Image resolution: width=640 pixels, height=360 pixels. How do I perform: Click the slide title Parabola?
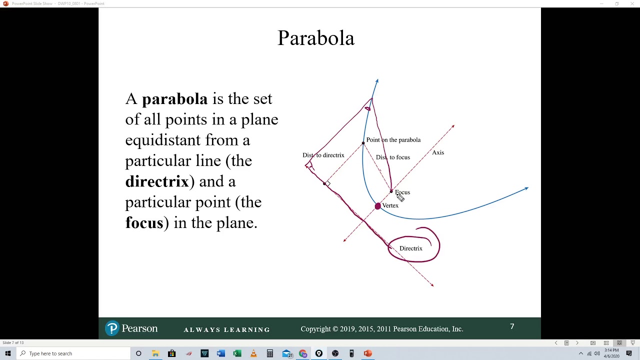pos(316,38)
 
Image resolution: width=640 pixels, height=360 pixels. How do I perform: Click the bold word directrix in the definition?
pos(156,181)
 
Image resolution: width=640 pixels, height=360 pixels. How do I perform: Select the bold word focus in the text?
pos(144,222)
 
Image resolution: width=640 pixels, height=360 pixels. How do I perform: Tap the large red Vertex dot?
pos(377,206)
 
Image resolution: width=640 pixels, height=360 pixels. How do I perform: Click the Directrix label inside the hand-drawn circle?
pos(410,248)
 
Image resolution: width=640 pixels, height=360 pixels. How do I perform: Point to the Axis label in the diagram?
pos(438,152)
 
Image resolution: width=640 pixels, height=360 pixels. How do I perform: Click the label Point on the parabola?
pos(393,140)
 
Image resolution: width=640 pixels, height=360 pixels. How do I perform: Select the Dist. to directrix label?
pos(323,155)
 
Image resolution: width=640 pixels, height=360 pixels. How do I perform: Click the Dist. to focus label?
pos(393,157)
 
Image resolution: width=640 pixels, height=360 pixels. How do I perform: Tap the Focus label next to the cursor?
pos(403,192)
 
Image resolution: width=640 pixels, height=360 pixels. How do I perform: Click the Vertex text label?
pos(390,205)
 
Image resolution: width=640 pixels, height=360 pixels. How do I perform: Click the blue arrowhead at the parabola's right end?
pos(526,188)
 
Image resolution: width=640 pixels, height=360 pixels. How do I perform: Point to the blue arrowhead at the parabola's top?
pos(377,80)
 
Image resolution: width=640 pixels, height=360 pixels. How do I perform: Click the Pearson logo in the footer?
pos(131,328)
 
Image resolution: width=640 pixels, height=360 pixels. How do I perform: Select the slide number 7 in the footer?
pos(512,326)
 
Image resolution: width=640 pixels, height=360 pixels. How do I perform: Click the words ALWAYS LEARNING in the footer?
pos(226,330)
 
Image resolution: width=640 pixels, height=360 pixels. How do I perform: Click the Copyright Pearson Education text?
pos(381,329)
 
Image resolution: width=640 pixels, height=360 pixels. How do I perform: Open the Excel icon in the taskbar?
pos(237,353)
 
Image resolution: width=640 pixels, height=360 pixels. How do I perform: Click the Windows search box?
pos(75,353)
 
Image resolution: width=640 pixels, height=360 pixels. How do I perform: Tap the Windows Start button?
pos(7,353)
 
